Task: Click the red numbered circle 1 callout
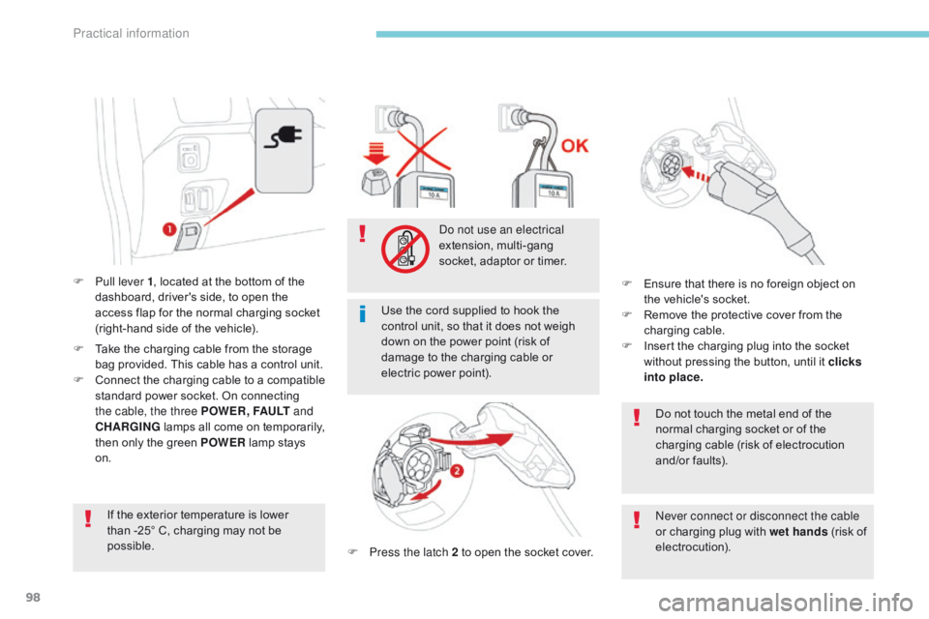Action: click(169, 228)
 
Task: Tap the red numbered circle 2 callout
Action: click(457, 471)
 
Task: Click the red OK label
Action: click(575, 146)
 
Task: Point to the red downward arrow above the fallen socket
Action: click(375, 153)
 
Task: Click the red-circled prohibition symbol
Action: click(405, 249)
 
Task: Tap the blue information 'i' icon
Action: click(363, 313)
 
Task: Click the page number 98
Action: click(33, 597)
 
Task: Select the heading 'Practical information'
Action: click(131, 34)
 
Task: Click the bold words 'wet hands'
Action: click(798, 532)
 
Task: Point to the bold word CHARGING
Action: click(128, 427)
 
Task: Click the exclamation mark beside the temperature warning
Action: click(88, 518)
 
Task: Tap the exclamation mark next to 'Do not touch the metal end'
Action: click(637, 418)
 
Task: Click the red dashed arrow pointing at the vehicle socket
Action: click(696, 174)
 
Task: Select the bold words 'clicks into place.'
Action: click(753, 369)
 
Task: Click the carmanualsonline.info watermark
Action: click(786, 603)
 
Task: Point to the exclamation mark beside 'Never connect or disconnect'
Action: click(637, 519)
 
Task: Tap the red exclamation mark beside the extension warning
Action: click(362, 234)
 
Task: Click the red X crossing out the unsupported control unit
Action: click(423, 150)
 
